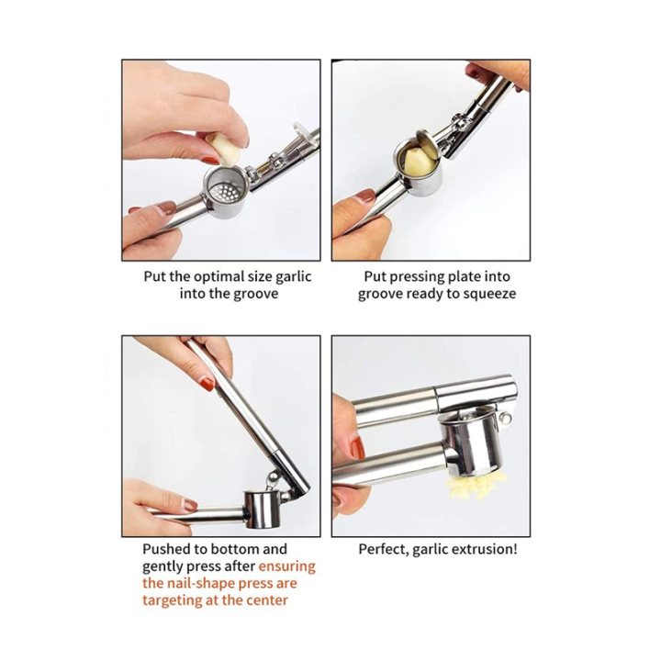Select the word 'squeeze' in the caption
coord(488,294)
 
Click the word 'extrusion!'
coord(485,549)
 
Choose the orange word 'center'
coord(265,600)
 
